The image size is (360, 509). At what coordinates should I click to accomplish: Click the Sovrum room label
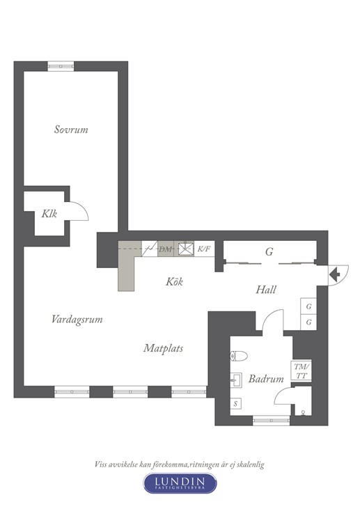pos(71,130)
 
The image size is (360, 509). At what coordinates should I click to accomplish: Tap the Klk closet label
pos(49,214)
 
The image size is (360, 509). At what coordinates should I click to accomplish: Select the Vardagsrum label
pos(77,320)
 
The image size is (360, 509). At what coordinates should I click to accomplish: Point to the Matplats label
pos(163,348)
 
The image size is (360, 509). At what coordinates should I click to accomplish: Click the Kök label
pos(174,281)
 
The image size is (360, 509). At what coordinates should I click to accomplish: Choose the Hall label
pos(266,290)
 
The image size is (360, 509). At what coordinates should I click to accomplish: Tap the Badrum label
pos(266,379)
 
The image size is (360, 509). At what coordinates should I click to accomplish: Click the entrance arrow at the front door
pos(335,275)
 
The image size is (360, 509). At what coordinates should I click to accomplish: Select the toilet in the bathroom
pos(238,356)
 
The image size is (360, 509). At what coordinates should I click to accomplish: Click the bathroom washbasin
pos(236,379)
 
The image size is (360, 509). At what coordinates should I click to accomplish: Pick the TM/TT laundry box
pos(302,371)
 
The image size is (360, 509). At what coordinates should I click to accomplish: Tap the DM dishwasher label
pos(165,249)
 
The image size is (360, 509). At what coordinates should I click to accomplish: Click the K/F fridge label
pos(204,249)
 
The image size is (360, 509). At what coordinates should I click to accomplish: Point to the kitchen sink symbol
pos(186,249)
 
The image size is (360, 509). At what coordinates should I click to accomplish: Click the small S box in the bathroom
pos(235,404)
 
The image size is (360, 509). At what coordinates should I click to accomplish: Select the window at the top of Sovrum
pos(61,66)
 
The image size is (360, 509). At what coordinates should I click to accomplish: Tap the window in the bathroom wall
pos(271,421)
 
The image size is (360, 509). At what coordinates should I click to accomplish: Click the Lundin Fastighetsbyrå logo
pos(180,483)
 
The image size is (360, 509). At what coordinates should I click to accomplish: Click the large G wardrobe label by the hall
pos(269,251)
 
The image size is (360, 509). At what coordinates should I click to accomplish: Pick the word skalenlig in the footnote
pos(250,464)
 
